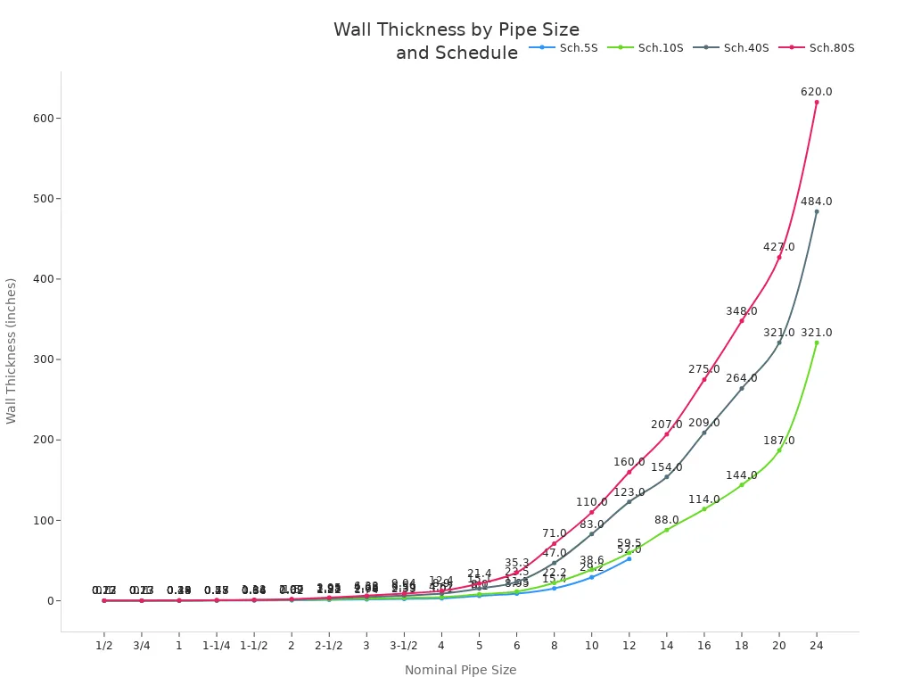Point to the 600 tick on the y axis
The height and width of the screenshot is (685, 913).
pyautogui.click(x=42, y=119)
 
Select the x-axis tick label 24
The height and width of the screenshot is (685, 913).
pyautogui.click(x=816, y=645)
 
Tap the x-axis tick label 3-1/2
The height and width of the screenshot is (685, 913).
pyautogui.click(x=403, y=645)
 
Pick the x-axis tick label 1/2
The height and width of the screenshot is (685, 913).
pyautogui.click(x=103, y=645)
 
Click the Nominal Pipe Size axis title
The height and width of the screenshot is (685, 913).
pyautogui.click(x=460, y=670)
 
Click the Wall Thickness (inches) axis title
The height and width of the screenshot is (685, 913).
pyautogui.click(x=12, y=351)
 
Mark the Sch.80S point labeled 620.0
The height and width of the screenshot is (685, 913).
pyautogui.click(x=816, y=102)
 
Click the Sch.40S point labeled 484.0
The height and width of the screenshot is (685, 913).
pyautogui.click(x=816, y=211)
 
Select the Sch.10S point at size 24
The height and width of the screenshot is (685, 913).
pyautogui.click(x=816, y=342)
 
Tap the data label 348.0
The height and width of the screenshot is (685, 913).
pyautogui.click(x=741, y=311)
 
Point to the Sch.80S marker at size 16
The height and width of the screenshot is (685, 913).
pyautogui.click(x=703, y=379)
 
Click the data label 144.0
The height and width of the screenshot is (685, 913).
pyautogui.click(x=741, y=475)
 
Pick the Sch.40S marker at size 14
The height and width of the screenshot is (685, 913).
pyautogui.click(x=666, y=476)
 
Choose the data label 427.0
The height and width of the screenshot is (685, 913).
pyautogui.click(x=778, y=247)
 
